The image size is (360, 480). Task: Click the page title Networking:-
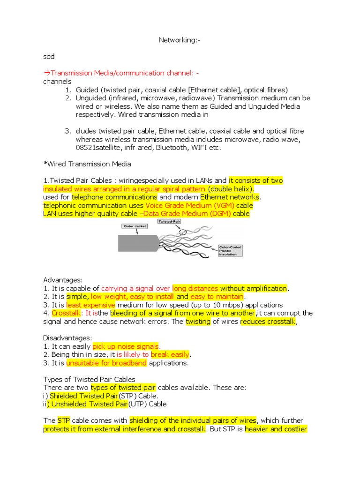point(180,41)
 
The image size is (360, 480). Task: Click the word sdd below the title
point(49,57)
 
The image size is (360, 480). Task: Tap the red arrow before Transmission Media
point(46,73)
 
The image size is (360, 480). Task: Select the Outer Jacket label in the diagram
point(135,226)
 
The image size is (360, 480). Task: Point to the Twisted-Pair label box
point(170,221)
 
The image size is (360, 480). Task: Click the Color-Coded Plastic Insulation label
point(230,250)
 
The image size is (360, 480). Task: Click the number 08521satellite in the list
point(102,148)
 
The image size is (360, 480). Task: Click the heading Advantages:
point(63,280)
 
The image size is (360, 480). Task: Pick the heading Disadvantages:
point(67,338)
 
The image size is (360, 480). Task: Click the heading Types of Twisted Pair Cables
point(89,379)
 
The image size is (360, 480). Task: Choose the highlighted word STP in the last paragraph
point(63,420)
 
